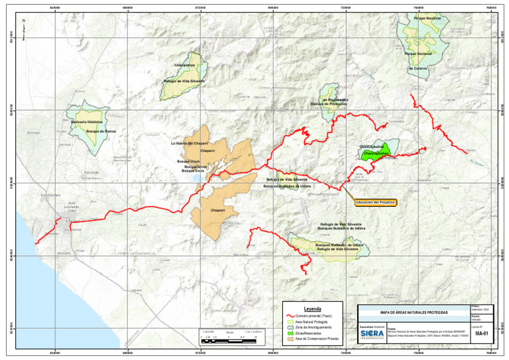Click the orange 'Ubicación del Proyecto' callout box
(376, 202)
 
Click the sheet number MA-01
(481, 334)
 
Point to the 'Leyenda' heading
(312, 309)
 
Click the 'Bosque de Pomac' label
(101, 131)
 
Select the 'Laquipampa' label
(184, 66)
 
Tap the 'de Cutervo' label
(418, 68)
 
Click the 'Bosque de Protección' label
(329, 104)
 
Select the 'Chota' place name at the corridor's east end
(470, 150)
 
